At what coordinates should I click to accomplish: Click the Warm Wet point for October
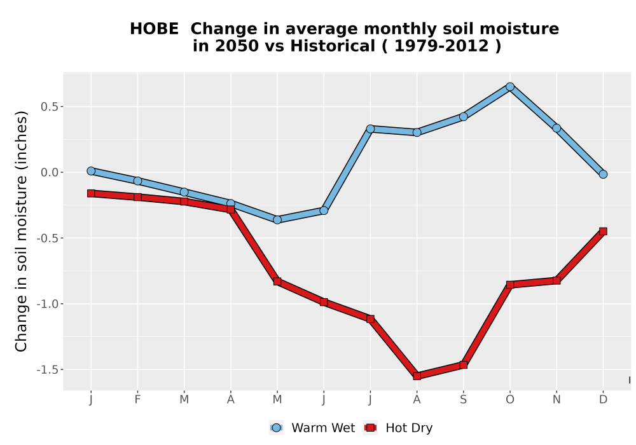(510, 86)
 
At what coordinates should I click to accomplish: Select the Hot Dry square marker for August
(417, 376)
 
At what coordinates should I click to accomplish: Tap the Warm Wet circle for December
(603, 174)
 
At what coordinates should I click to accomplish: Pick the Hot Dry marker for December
(603, 231)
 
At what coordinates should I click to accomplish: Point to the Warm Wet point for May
(277, 220)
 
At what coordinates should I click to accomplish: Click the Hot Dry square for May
(277, 281)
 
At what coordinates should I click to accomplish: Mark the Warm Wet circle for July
(370, 129)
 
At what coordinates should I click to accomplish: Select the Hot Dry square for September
(463, 365)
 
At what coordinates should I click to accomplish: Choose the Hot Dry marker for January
(91, 193)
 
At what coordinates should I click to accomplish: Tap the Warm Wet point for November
(556, 128)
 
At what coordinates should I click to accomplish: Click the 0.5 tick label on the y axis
(50, 107)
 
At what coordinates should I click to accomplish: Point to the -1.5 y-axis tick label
(48, 369)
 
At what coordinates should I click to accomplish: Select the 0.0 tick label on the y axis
(50, 172)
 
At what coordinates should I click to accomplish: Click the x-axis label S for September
(463, 400)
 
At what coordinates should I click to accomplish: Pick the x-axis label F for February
(137, 400)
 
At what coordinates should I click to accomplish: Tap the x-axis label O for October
(510, 400)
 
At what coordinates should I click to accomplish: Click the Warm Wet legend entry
(312, 428)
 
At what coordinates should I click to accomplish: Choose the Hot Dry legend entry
(398, 428)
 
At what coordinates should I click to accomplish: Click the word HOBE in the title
(154, 29)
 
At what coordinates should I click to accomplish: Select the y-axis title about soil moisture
(21, 231)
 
